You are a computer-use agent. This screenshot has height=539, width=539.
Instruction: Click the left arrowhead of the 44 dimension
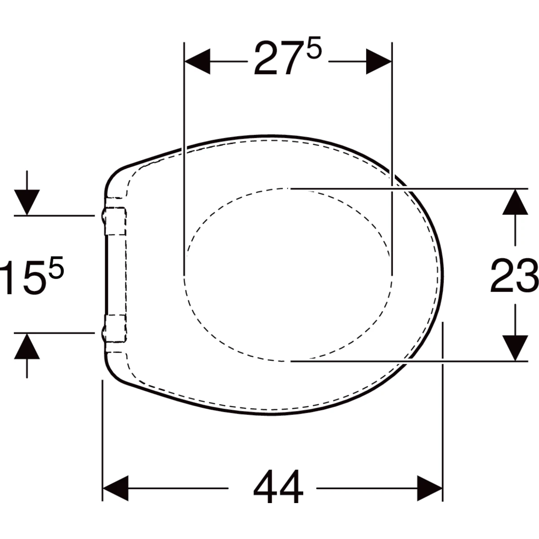116,488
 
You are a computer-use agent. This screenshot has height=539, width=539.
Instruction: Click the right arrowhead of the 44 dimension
430,488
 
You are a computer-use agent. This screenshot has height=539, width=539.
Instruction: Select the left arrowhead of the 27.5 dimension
198,62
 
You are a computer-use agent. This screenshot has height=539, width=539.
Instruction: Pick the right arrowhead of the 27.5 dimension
379,62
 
